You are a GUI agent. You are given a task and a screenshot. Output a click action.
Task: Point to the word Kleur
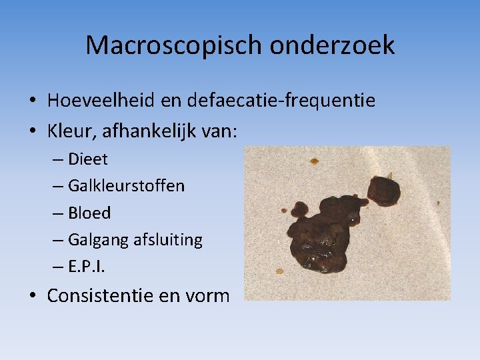[x=72, y=131]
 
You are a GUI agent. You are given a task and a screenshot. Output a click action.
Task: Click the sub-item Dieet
[x=87, y=159]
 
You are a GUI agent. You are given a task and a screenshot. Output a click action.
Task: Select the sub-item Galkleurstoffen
[x=126, y=186]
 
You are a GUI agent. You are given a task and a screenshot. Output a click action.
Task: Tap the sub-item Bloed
[x=89, y=213]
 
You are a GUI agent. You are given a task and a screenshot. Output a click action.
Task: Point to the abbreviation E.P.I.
[x=87, y=267]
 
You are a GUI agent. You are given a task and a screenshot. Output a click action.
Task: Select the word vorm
[x=207, y=295]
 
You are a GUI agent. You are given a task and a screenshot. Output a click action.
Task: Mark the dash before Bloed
[x=56, y=213]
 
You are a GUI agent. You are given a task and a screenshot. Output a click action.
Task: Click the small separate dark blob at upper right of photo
[x=385, y=189]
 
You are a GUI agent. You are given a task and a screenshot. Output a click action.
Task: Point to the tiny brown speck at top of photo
[x=313, y=161]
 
